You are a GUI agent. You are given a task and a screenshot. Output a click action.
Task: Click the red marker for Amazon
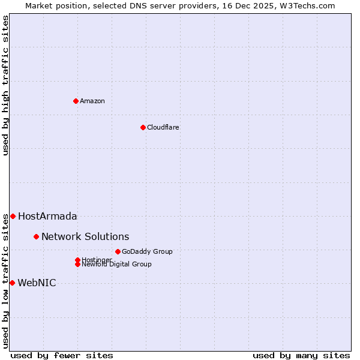[x=76, y=101]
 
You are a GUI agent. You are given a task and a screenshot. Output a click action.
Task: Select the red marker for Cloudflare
[x=143, y=127]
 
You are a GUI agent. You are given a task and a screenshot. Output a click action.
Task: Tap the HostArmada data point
[x=13, y=216]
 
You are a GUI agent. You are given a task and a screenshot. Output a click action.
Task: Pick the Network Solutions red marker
[x=36, y=236]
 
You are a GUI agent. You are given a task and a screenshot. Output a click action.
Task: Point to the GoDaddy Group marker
[x=118, y=251]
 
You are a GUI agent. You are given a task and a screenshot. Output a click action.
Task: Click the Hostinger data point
[x=77, y=260]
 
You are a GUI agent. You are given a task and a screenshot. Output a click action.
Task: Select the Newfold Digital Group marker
[x=77, y=264]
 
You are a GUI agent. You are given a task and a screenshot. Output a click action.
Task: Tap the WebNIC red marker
[x=12, y=283]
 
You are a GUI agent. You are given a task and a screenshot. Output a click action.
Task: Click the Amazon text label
[x=92, y=101]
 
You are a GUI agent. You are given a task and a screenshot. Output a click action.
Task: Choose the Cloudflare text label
[x=163, y=127]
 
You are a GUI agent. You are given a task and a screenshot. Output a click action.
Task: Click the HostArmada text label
[x=47, y=216]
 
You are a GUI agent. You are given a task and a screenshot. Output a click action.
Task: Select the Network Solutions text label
[x=85, y=236]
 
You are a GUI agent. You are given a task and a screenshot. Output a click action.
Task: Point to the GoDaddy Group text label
[x=147, y=251]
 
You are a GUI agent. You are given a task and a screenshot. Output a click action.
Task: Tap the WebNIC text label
[x=37, y=283]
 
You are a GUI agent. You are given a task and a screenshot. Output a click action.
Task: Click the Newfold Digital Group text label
[x=117, y=265]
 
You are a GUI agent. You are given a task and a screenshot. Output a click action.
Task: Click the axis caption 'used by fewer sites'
[x=62, y=355]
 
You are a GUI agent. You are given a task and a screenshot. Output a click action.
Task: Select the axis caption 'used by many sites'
[x=301, y=355]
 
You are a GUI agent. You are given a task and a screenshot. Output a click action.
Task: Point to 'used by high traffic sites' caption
[x=5, y=85]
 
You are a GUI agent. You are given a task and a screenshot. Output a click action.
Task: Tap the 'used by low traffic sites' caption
[x=5, y=280]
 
